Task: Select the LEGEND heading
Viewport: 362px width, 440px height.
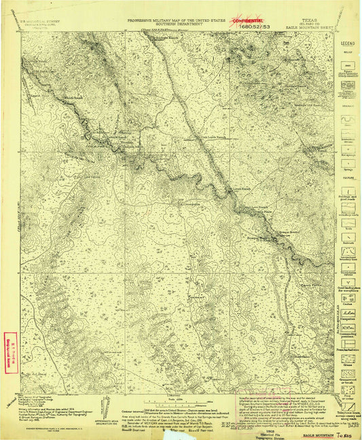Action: [x=345, y=43]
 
